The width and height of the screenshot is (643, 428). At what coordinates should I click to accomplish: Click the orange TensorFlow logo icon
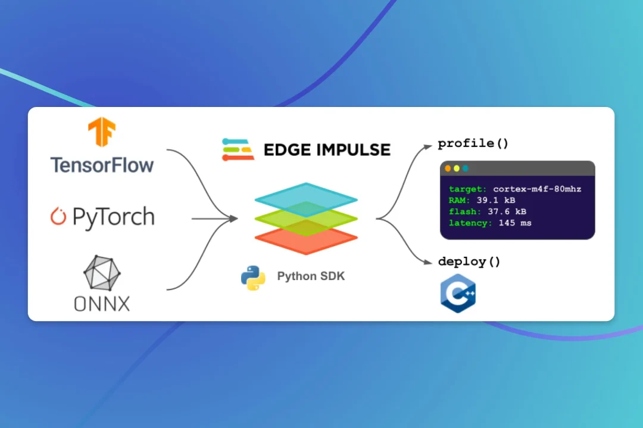(102, 132)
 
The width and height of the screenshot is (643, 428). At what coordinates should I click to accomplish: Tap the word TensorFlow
(102, 165)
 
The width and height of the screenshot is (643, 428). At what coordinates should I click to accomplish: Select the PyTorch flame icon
(58, 217)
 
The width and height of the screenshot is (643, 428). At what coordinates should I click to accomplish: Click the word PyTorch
(113, 218)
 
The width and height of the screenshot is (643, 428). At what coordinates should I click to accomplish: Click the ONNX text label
(102, 304)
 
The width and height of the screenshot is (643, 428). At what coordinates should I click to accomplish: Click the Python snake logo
(253, 277)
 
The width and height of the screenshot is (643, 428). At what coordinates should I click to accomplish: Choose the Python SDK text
(310, 276)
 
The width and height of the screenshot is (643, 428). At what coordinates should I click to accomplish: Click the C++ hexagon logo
(458, 293)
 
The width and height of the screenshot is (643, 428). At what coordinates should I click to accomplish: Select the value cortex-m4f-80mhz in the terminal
(537, 189)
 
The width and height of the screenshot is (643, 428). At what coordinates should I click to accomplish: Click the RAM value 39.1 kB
(495, 200)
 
